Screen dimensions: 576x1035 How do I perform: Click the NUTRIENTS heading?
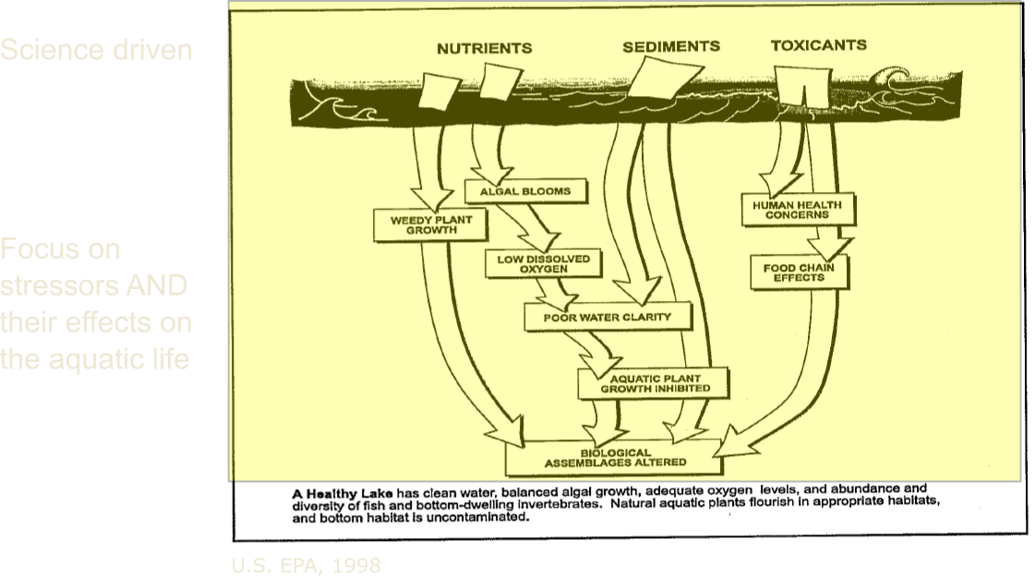(484, 47)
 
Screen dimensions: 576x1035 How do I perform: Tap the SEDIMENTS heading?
(671, 46)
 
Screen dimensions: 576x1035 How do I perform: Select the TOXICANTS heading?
(818, 45)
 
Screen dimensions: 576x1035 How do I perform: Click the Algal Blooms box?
(524, 192)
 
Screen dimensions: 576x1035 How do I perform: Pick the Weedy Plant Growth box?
(425, 224)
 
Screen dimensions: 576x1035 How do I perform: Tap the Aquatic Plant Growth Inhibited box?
(654, 383)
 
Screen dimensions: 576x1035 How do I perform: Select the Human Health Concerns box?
(798, 210)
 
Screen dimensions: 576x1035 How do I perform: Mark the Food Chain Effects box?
(800, 272)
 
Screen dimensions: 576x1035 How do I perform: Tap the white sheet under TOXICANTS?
(800, 89)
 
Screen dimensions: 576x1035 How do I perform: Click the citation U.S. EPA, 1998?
(306, 565)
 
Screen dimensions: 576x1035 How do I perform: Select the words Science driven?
(96, 49)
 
